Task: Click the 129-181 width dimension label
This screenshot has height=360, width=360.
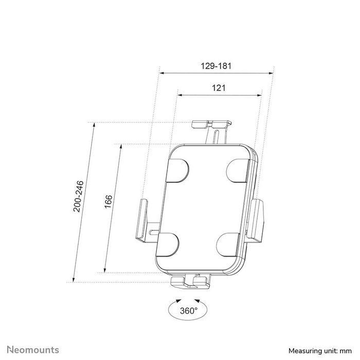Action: (216, 66)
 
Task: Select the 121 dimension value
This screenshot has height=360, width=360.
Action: (219, 88)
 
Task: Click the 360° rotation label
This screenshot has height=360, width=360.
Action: (189, 311)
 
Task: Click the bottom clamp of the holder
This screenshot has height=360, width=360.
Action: (190, 281)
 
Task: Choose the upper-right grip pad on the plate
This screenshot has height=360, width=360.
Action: (238, 170)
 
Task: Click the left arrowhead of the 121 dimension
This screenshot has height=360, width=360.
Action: (179, 95)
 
